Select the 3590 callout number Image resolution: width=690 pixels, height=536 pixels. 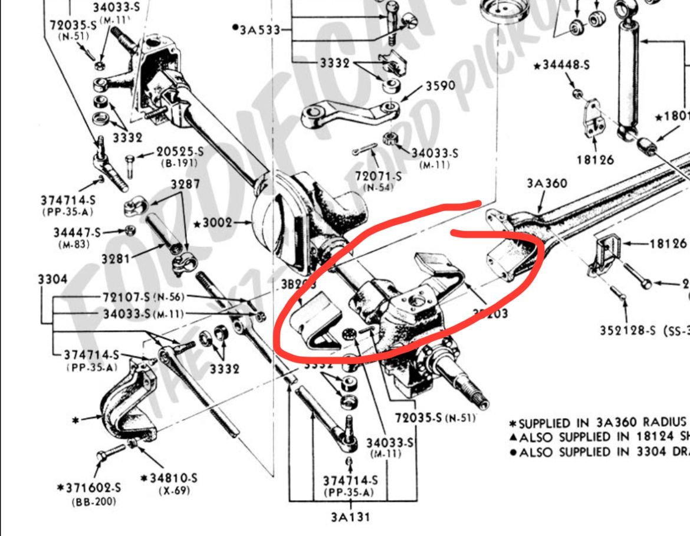(440, 86)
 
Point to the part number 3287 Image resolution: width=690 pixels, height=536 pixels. (185, 184)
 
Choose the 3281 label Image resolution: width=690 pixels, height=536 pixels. (116, 258)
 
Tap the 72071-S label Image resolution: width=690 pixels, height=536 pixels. (378, 176)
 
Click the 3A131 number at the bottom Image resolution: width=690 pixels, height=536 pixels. (351, 517)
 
